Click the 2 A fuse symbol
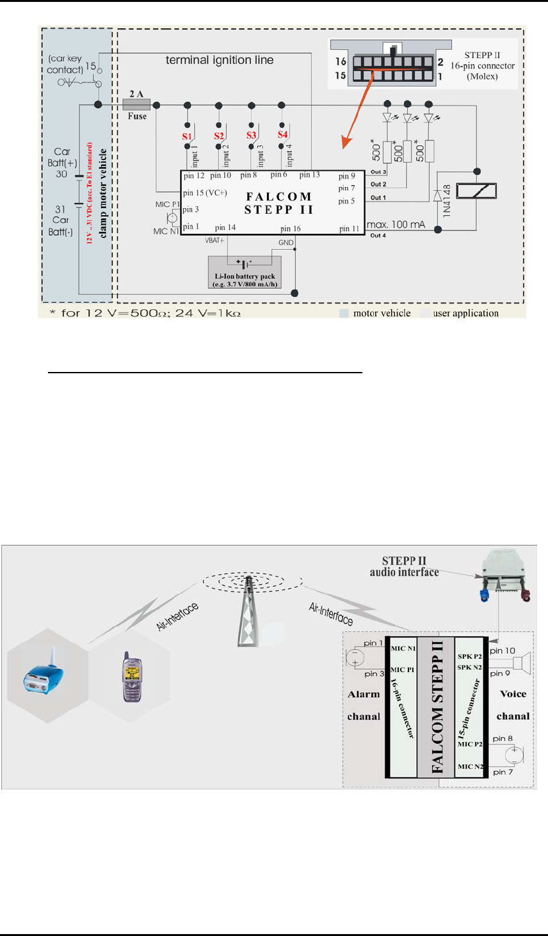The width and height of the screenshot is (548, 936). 136,104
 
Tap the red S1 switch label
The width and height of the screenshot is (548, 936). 187,136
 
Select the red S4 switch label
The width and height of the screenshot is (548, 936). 282,135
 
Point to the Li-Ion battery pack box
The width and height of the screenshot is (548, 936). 245,272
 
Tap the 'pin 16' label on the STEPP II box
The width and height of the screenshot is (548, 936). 290,229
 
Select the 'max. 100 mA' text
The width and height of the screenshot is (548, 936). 396,225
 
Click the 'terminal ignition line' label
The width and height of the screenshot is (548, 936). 220,60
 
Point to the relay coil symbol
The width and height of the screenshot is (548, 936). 478,190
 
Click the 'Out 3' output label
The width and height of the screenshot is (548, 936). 378,172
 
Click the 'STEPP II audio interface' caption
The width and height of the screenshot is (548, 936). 404,567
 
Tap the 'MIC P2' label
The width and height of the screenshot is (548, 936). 470,744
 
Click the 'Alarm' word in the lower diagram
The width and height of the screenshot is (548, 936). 364,694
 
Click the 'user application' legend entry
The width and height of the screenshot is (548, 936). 465,313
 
